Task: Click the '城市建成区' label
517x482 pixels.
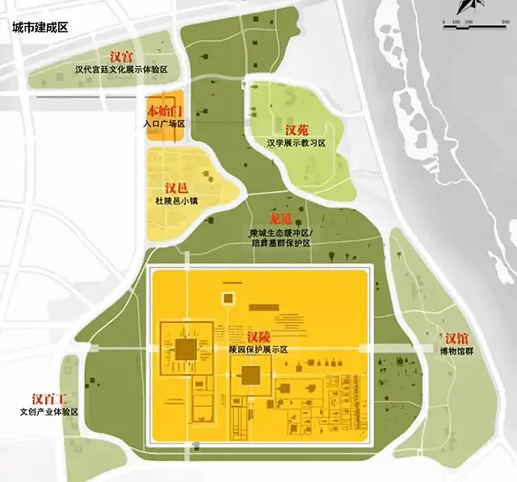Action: point(39,27)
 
